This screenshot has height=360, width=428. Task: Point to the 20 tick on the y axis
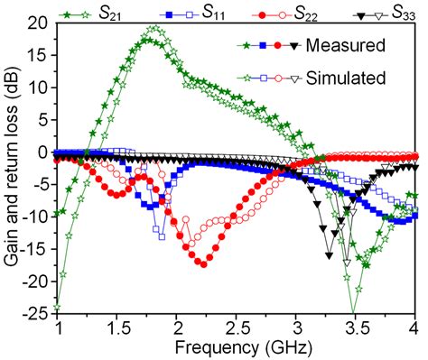pyautogui.click(x=41, y=23)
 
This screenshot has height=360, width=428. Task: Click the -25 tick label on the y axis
pyautogui.click(x=38, y=313)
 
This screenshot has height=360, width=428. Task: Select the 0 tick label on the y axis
pyautogui.click(x=45, y=152)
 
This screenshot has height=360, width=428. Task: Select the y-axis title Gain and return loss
pyautogui.click(x=13, y=170)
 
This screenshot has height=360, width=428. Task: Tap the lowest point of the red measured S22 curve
pyautogui.click(x=202, y=263)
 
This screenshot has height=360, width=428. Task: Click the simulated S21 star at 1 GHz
pyautogui.click(x=59, y=307)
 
